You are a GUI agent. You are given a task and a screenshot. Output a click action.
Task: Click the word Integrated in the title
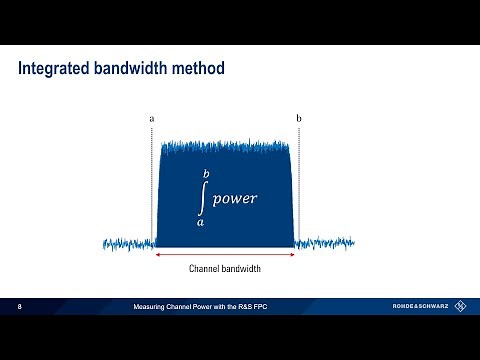(x=54, y=69)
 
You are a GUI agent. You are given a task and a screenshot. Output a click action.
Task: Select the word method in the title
(x=197, y=69)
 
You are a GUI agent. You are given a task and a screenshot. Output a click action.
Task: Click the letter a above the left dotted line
(x=151, y=119)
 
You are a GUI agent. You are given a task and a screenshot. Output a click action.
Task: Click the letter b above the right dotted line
(x=298, y=119)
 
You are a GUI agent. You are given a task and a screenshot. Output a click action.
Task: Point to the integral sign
(x=202, y=199)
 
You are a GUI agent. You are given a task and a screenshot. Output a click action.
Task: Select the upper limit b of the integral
(x=206, y=175)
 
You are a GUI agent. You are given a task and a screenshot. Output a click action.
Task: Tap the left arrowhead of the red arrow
(x=158, y=255)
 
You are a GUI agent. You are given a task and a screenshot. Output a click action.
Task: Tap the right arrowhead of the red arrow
(x=292, y=255)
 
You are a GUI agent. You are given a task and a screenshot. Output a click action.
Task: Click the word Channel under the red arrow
(x=205, y=269)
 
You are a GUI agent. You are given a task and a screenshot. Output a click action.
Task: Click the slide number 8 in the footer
(x=20, y=305)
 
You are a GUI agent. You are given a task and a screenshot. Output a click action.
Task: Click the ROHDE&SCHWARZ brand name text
(x=420, y=305)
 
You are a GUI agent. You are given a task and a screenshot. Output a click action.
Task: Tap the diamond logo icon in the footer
(x=461, y=305)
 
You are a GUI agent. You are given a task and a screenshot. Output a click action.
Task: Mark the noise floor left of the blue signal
(x=129, y=243)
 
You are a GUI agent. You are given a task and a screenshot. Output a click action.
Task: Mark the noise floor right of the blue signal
(x=325, y=243)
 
